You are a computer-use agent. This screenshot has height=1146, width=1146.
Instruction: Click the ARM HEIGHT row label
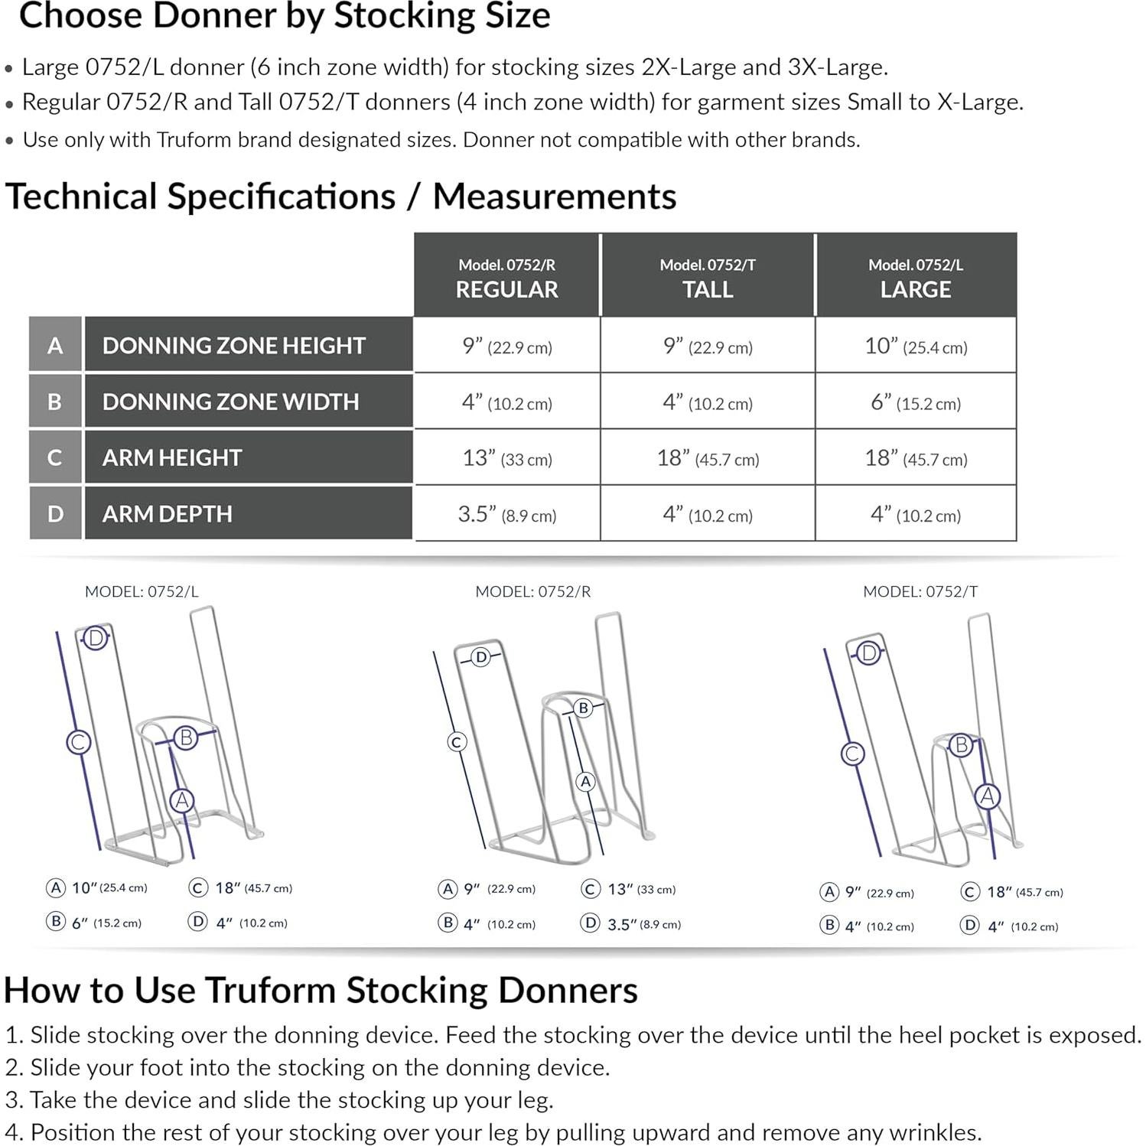pos(172,457)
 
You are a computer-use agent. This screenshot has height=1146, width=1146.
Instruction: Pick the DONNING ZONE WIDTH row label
pos(230,402)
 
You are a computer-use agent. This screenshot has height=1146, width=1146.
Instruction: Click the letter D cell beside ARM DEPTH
pos(55,513)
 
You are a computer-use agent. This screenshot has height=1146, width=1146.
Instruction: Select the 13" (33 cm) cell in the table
pos(506,458)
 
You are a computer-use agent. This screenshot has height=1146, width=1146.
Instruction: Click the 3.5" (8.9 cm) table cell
pos(506,514)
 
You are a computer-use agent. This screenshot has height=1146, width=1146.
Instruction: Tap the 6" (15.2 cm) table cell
pos(915,402)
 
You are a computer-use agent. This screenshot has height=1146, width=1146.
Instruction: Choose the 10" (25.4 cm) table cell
pos(915,346)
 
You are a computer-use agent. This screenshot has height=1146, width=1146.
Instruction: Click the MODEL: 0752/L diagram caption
pos(142,591)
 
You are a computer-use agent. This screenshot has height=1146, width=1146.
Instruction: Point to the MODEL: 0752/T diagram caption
pos(920,591)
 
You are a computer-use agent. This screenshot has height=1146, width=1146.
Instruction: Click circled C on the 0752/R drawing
pos(457,741)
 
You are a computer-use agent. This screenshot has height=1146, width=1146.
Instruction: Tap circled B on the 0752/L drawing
pos(185,737)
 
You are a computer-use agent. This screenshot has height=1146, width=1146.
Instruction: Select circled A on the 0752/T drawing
pos(987,796)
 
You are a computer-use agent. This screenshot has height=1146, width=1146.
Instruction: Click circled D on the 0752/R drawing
pos(480,657)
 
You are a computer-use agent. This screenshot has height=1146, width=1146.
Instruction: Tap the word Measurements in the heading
pos(554,197)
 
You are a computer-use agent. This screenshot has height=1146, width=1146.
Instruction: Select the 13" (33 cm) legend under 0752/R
pos(631,889)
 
